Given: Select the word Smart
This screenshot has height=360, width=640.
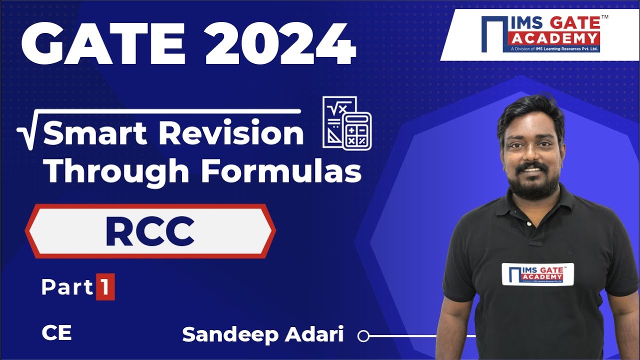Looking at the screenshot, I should [95, 134].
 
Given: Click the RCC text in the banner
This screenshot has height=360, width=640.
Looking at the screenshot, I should [149, 232].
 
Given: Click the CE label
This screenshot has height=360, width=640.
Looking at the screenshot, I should [56, 333].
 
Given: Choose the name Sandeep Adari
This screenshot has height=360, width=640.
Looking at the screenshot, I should [263, 335].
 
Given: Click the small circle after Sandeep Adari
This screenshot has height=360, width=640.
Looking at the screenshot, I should [363, 336].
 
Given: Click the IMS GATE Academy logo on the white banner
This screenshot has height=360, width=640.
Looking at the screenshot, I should [540, 33].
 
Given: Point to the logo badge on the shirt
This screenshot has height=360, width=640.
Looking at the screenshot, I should [537, 273].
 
